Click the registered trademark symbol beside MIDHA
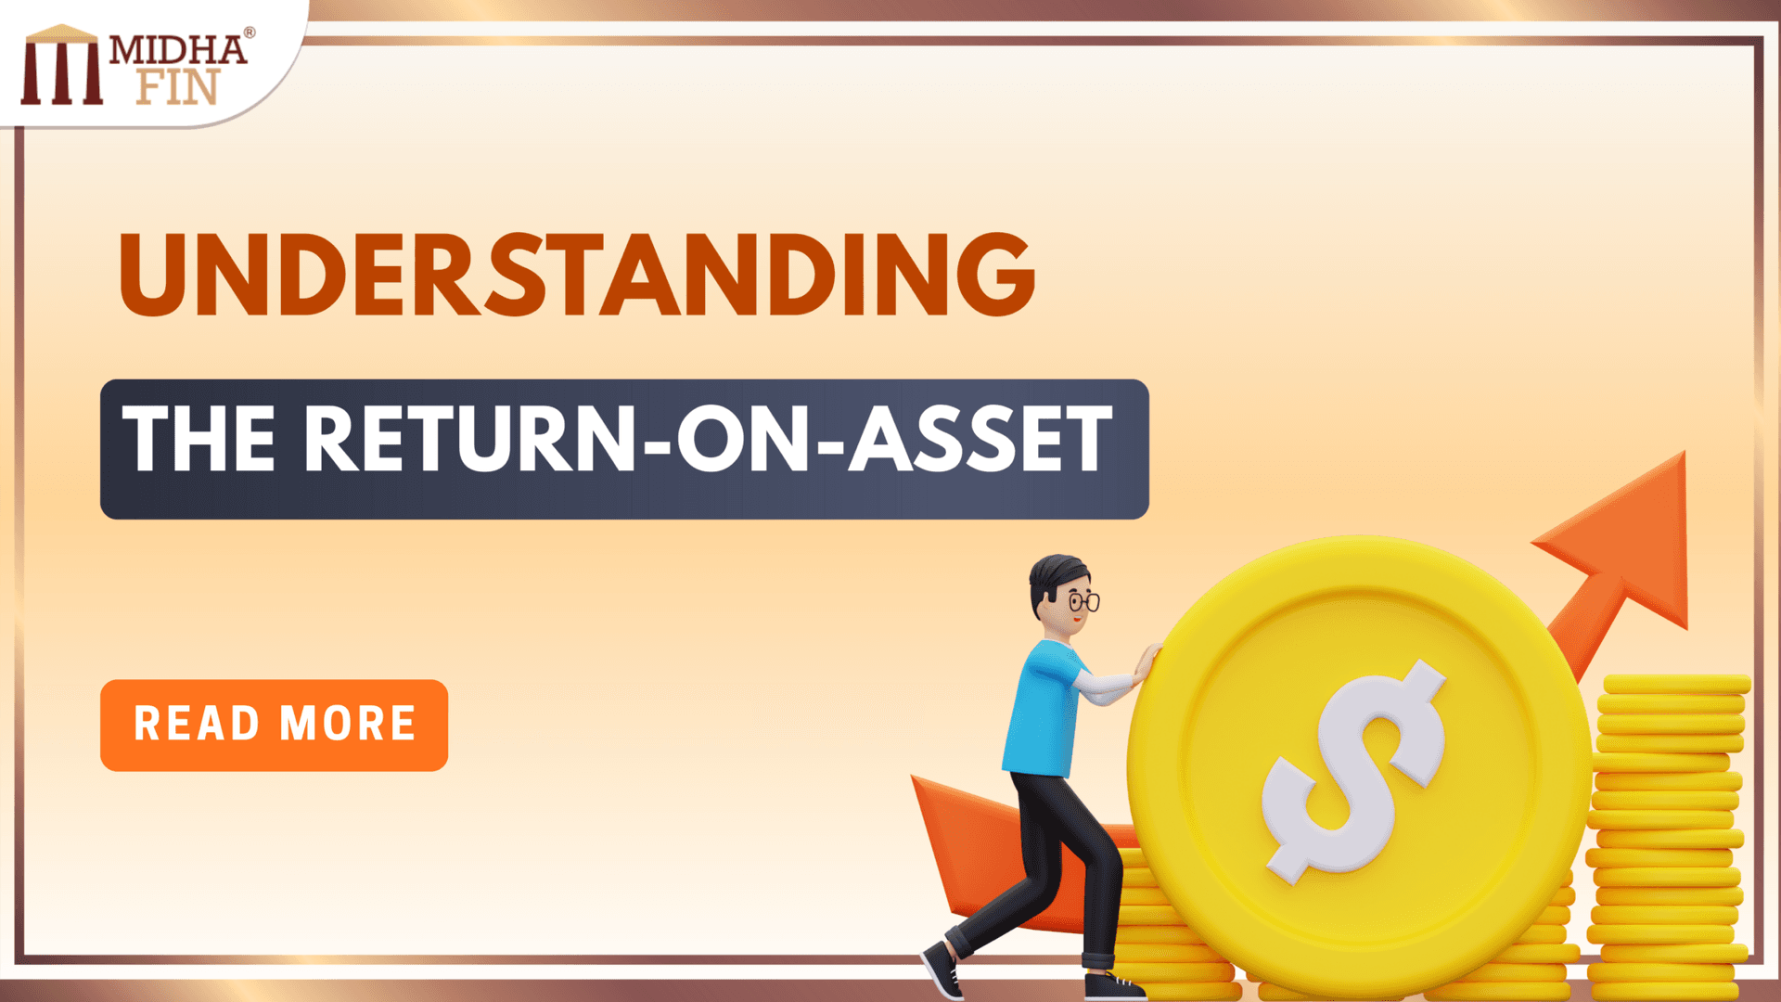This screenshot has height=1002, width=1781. [x=249, y=33]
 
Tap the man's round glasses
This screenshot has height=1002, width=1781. [x=1083, y=602]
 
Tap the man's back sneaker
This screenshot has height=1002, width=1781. [x=942, y=970]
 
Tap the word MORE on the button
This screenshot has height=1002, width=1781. [x=348, y=725]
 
